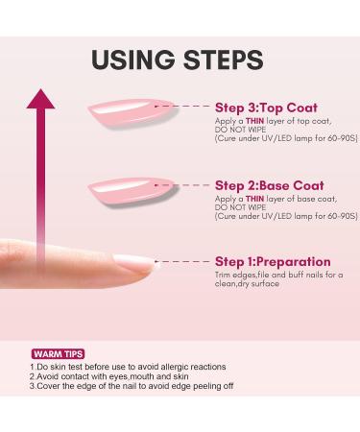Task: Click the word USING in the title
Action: (x=133, y=60)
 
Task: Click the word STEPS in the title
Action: (x=224, y=60)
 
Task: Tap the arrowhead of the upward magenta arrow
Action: (x=40, y=99)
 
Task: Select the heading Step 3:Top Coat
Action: (x=266, y=108)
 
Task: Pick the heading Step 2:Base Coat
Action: (x=270, y=185)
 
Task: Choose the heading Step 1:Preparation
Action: (x=273, y=262)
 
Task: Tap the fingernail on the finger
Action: (x=133, y=263)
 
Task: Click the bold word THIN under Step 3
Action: (x=254, y=121)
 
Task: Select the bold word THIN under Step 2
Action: (x=254, y=199)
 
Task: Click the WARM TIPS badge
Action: (x=58, y=354)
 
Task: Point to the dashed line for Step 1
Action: (x=182, y=262)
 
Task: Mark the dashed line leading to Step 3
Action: (x=182, y=106)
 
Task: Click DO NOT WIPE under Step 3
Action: (x=240, y=130)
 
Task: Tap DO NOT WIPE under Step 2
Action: (x=240, y=207)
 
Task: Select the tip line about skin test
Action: (x=128, y=367)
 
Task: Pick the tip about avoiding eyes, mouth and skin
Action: (x=109, y=376)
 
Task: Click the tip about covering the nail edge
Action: (x=132, y=386)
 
